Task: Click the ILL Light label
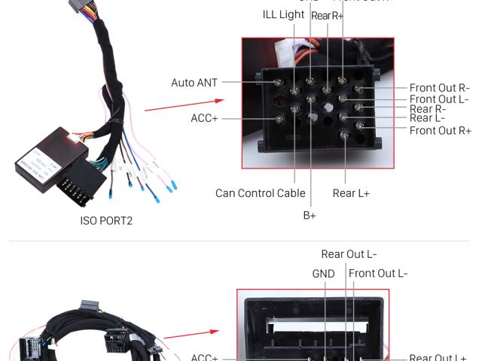[283, 14]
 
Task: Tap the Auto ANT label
[194, 83]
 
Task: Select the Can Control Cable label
[261, 193]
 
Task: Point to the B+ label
[310, 215]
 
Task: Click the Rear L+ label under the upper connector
[351, 193]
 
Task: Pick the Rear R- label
[428, 108]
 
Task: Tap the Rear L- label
[427, 117]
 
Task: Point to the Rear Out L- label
[349, 254]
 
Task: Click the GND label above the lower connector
[323, 274]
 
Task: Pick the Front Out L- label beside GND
[378, 273]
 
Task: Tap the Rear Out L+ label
[438, 358]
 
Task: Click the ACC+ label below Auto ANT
[204, 118]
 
